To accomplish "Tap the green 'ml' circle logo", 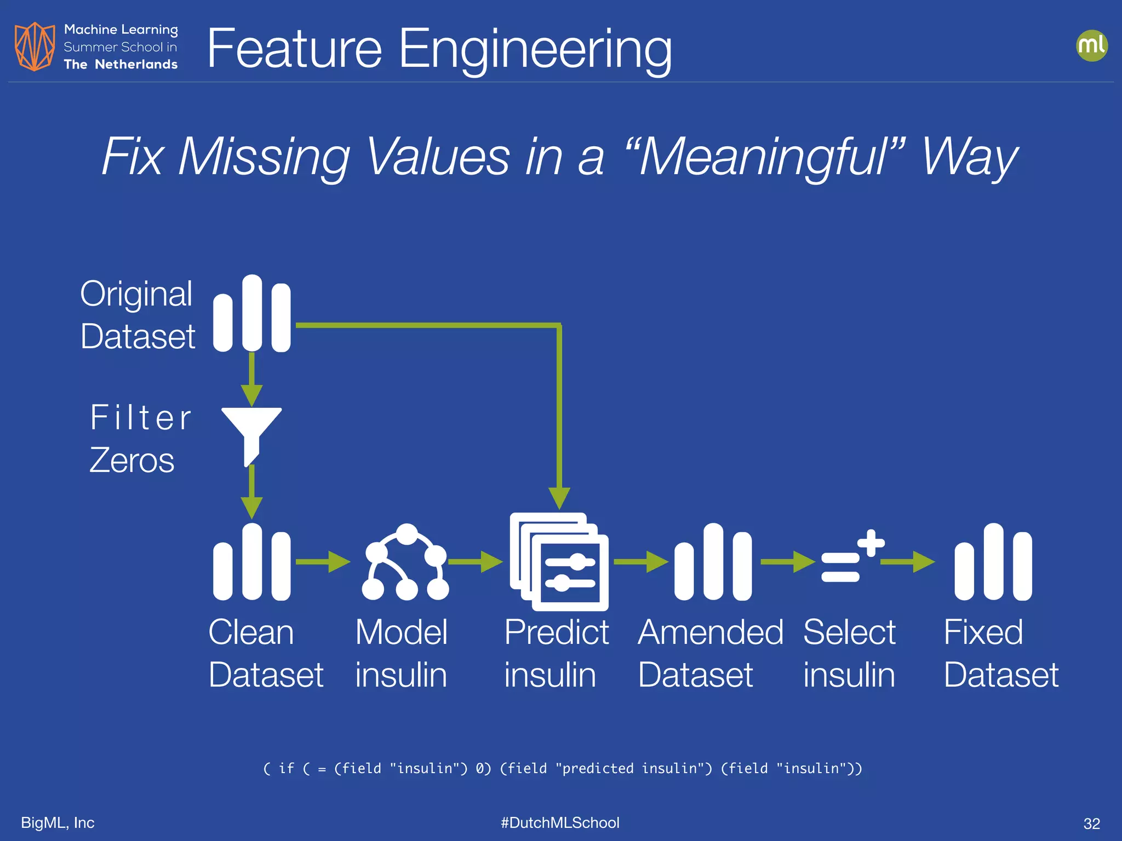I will click(1091, 45).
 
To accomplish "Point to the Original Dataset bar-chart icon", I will click(251, 314).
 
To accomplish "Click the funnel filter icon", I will click(251, 433).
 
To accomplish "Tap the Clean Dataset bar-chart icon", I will click(251, 562).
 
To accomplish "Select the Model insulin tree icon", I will click(405, 562).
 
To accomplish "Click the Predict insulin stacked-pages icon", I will click(559, 562).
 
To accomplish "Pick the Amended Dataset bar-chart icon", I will click(713, 562).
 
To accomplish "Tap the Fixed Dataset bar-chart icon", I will click(993, 562).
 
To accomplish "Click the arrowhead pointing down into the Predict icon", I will click(559, 498).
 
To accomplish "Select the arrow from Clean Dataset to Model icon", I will click(323, 562).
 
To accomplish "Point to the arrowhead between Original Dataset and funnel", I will click(251, 394).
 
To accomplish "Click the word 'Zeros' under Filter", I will click(132, 460).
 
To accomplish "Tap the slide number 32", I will click(1091, 823).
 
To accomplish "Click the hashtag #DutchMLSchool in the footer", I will click(560, 822).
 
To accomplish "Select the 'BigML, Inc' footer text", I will click(58, 822).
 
